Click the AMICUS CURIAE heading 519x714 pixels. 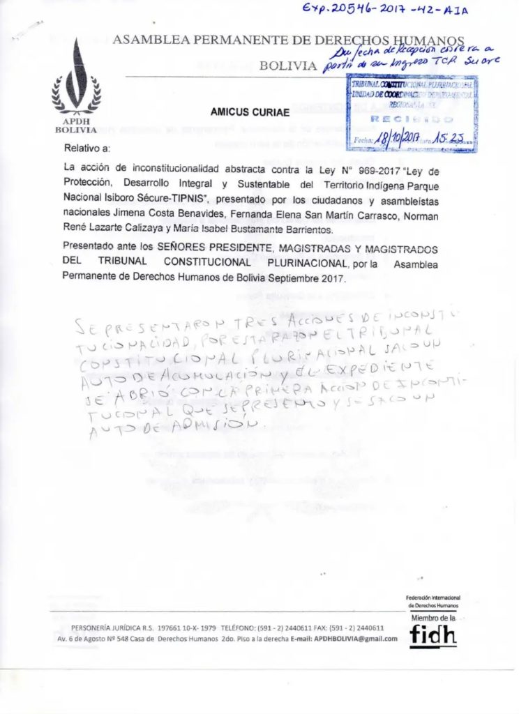tap(239, 112)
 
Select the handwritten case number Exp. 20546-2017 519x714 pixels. tap(398, 10)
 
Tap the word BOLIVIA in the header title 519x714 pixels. tap(287, 66)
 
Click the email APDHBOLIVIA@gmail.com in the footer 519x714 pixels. tap(356, 639)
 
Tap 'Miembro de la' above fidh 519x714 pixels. tap(433, 618)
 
